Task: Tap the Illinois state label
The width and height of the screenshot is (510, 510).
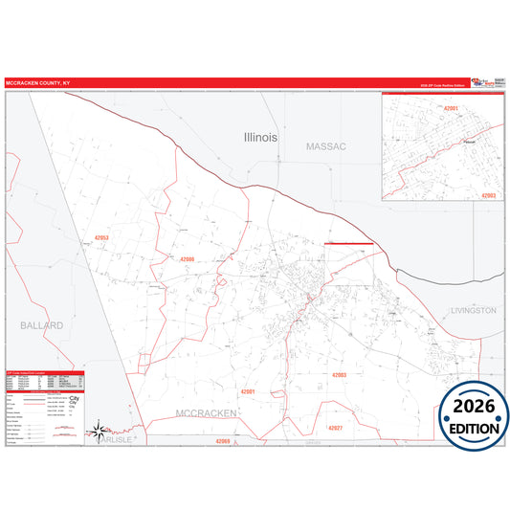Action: [260, 137]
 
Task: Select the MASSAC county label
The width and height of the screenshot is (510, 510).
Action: [326, 146]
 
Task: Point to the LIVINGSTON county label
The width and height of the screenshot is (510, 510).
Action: [474, 311]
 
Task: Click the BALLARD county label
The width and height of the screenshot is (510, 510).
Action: [41, 325]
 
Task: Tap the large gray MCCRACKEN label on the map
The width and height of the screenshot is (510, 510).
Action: [206, 412]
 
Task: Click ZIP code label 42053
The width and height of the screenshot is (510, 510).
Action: [102, 237]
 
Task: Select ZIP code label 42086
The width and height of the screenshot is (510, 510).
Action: [188, 259]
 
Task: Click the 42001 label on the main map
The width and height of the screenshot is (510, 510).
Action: [249, 391]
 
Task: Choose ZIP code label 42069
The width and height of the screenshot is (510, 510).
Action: [223, 441]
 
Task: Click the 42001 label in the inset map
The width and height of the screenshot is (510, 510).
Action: [453, 108]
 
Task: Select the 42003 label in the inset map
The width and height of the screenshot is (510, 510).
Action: [487, 195]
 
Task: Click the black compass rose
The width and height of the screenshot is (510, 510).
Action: [97, 432]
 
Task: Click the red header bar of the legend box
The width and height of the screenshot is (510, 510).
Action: [45, 371]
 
